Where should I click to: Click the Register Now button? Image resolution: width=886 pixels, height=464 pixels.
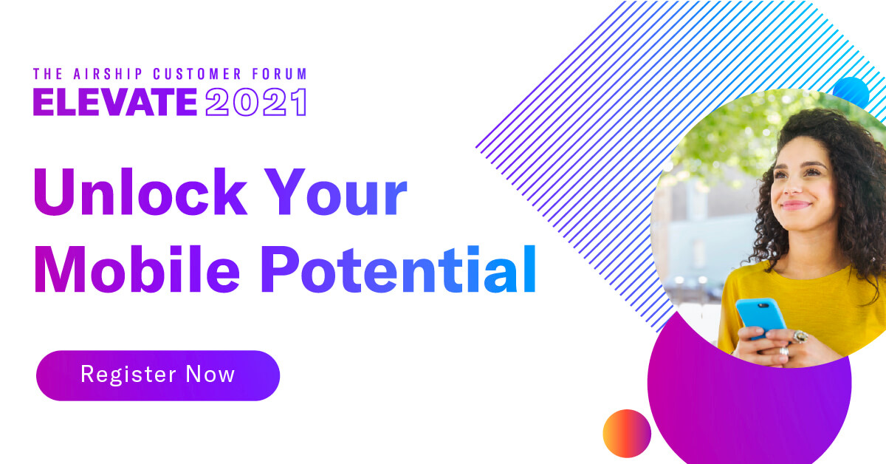click(x=158, y=375)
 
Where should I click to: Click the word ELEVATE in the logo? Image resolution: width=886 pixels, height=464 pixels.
click(x=115, y=102)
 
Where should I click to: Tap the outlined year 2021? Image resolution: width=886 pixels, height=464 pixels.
click(x=255, y=102)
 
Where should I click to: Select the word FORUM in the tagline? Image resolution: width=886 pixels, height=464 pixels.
click(x=281, y=74)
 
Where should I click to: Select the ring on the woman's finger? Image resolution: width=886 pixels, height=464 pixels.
click(x=800, y=337)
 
